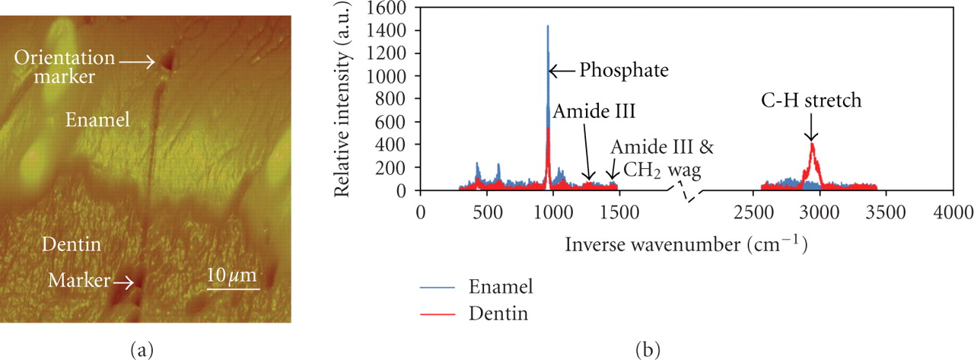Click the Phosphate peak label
[x=623, y=71]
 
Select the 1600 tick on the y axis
[x=390, y=8]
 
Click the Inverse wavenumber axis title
[x=686, y=245]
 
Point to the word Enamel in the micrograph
[x=97, y=119]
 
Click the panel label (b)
[x=650, y=349]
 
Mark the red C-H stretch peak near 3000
[x=813, y=145]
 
